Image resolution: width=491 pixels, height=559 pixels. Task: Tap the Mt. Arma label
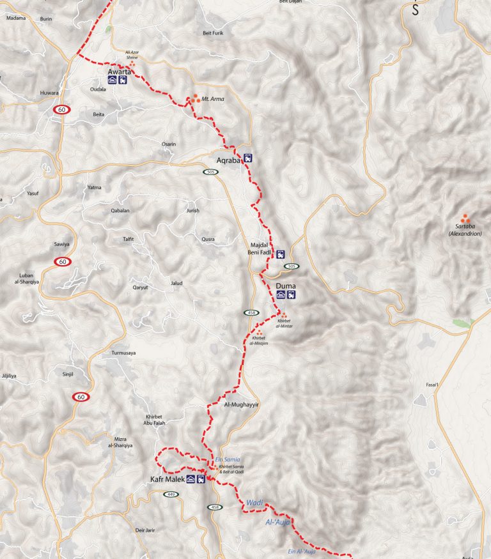[x=213, y=99]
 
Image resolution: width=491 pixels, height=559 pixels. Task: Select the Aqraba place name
[x=228, y=160]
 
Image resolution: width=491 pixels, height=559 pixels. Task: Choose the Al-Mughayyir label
[x=240, y=405]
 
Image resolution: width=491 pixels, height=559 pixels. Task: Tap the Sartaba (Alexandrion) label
[x=465, y=230]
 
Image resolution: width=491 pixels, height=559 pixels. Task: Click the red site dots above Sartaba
[x=465, y=218]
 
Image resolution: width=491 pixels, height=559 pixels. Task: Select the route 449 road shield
[x=171, y=494]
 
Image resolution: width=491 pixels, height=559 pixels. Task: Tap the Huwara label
[x=49, y=93]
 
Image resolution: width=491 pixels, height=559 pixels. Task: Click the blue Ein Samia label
[x=227, y=461]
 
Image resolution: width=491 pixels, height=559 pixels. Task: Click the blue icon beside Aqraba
[x=248, y=158]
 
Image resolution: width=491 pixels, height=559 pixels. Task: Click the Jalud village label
[x=176, y=283]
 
